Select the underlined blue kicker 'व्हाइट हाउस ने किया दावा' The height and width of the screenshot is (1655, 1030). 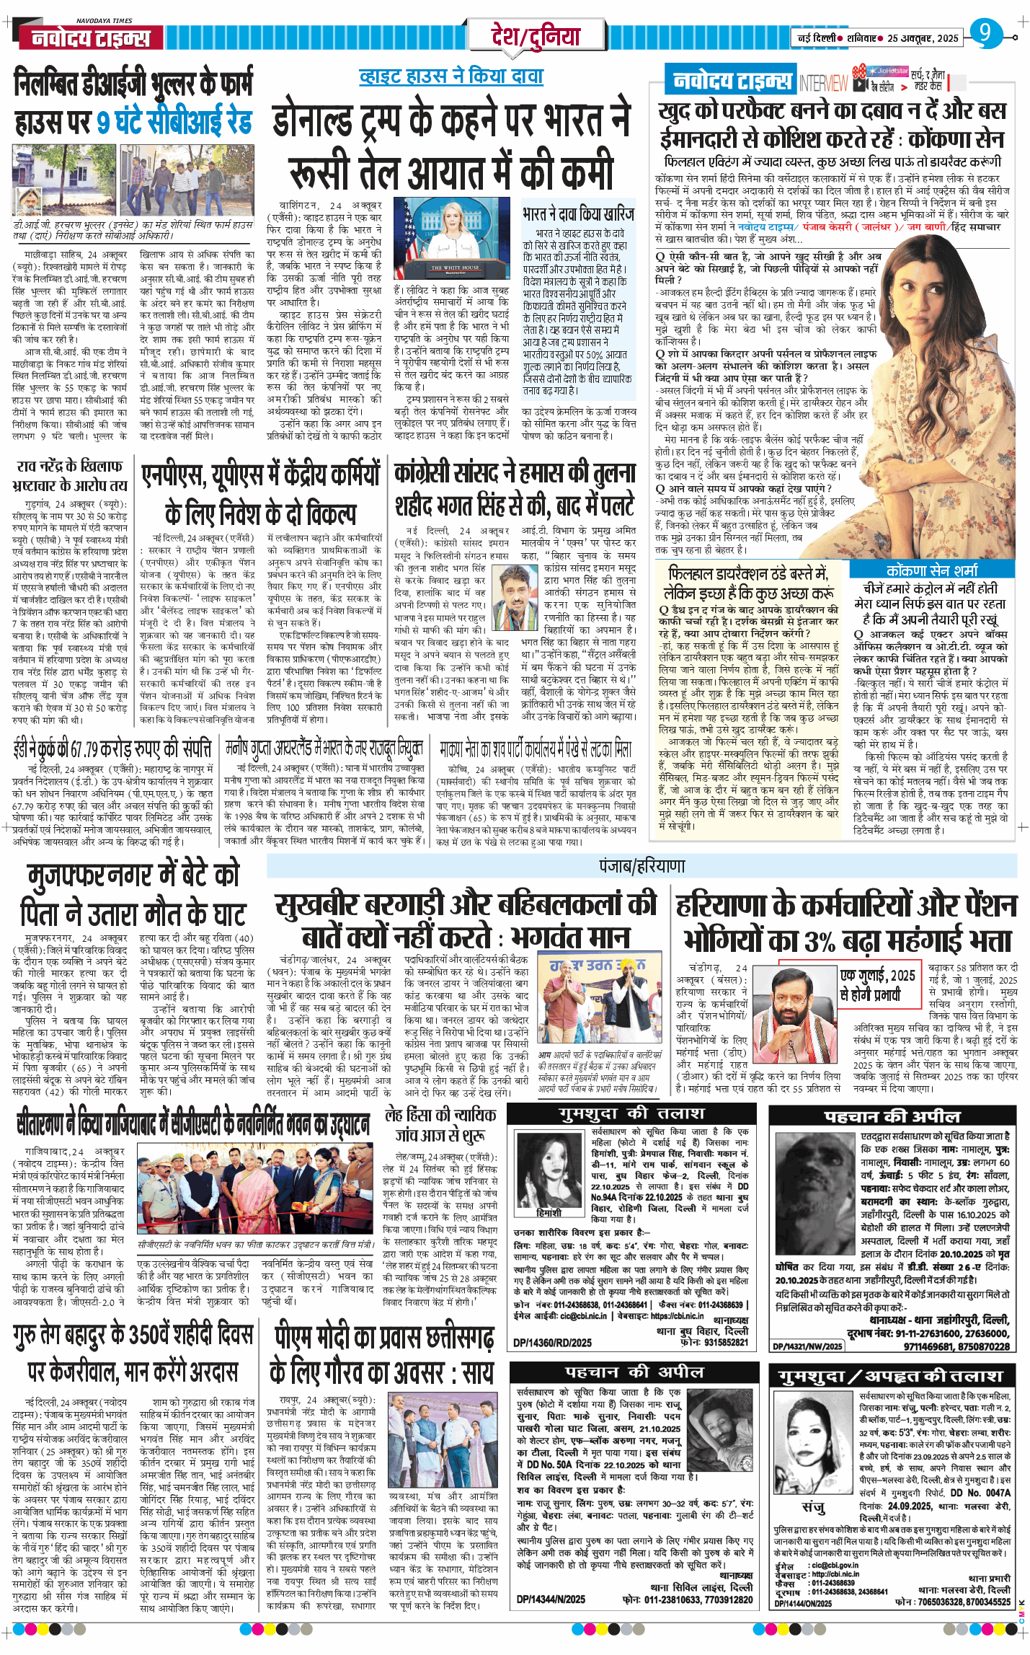451,76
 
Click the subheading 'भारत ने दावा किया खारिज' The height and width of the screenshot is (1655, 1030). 579,214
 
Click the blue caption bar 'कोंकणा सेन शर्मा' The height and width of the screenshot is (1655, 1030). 932,570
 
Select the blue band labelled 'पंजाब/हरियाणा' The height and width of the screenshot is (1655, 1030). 641,865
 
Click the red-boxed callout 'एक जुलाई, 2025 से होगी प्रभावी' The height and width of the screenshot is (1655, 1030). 879,984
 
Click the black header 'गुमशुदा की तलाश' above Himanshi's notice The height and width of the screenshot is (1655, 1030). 631,1113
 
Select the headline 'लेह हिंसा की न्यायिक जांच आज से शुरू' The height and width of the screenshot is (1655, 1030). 440,1124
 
